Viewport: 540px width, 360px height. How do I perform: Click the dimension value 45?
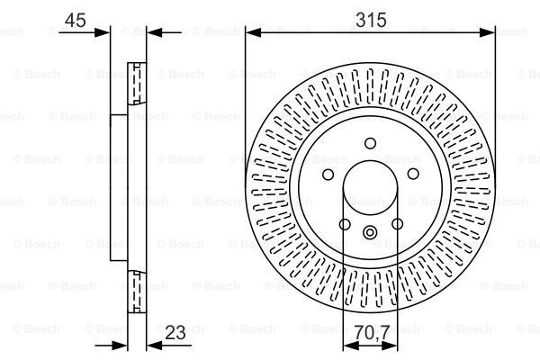[x=75, y=20]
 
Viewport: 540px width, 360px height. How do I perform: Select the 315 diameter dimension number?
[x=371, y=20]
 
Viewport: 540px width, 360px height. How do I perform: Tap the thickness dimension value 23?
[x=175, y=332]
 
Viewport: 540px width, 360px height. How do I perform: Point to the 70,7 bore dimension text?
[x=372, y=332]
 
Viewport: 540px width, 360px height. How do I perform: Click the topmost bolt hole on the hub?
[x=370, y=143]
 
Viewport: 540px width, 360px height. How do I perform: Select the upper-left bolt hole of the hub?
[x=328, y=175]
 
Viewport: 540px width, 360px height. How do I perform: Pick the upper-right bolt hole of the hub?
[x=413, y=174]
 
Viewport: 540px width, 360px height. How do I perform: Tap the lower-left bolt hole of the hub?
[x=345, y=224]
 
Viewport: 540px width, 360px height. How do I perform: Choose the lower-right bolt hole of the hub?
[x=398, y=224]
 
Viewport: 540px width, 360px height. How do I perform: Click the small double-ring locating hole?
[x=370, y=232]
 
